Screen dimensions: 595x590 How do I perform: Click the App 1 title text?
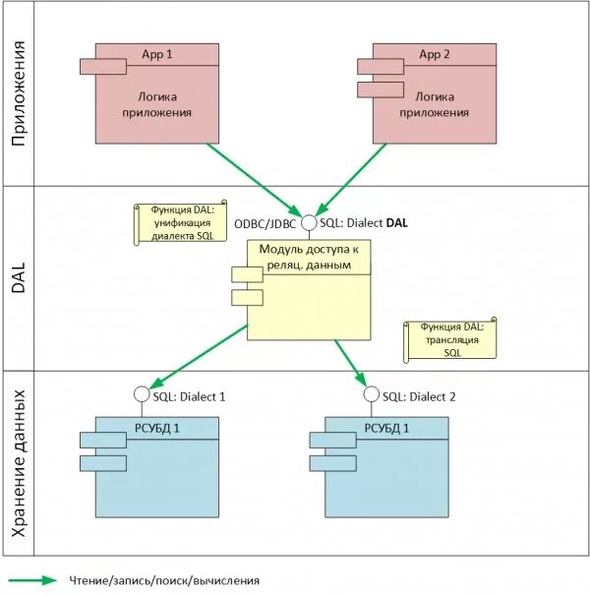[x=157, y=54]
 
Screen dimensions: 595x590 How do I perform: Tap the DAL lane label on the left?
[x=18, y=278]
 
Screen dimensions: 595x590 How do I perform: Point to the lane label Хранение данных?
[x=18, y=462]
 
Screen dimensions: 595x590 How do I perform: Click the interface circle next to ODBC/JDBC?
[x=309, y=223]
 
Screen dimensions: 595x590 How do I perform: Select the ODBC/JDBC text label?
[x=265, y=223]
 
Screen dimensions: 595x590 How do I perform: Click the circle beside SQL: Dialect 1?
[x=142, y=395]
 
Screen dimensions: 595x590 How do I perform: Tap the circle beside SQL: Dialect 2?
[x=371, y=395]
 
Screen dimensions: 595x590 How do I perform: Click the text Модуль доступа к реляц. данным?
[x=309, y=257]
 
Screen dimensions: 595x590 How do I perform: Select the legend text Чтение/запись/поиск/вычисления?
[x=164, y=580]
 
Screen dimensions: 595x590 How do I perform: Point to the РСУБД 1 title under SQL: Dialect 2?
[x=386, y=428]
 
